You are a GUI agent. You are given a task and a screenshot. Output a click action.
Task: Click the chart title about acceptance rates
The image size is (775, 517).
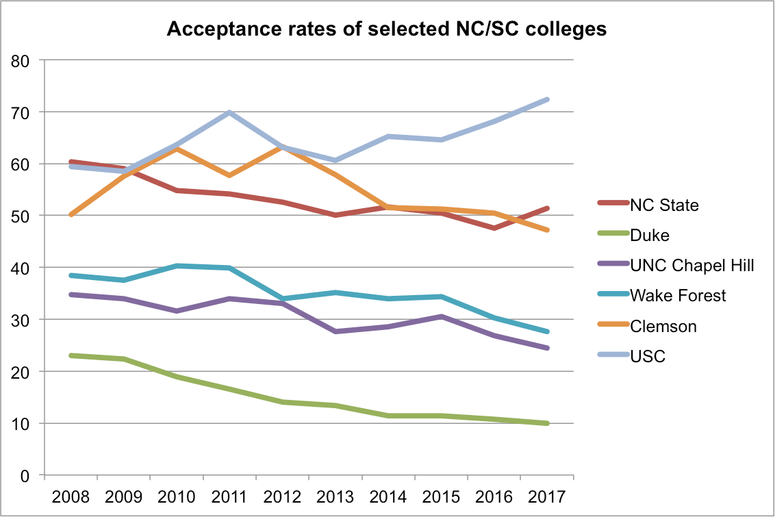(387, 30)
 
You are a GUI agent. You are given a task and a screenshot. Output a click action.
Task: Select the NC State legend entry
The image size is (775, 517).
(664, 205)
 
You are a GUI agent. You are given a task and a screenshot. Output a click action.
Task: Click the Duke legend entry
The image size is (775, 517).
(650, 235)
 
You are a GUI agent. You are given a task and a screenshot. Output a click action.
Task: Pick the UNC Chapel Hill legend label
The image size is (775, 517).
(692, 265)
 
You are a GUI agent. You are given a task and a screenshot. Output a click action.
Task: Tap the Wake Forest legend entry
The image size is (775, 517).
(678, 296)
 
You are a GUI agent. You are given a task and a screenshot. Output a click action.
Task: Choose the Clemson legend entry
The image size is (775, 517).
(663, 326)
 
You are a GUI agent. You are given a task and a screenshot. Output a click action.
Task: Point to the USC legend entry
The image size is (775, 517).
(648, 356)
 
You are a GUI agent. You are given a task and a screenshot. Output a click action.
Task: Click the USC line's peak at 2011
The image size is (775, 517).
(229, 112)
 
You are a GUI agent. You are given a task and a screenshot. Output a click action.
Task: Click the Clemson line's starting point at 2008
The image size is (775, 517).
(71, 214)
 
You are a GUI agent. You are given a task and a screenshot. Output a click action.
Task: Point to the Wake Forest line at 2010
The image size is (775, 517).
(177, 266)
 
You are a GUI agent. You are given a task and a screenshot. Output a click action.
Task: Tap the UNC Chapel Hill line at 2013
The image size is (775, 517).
(335, 331)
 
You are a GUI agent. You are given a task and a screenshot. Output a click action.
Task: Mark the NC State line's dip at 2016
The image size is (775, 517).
(494, 228)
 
